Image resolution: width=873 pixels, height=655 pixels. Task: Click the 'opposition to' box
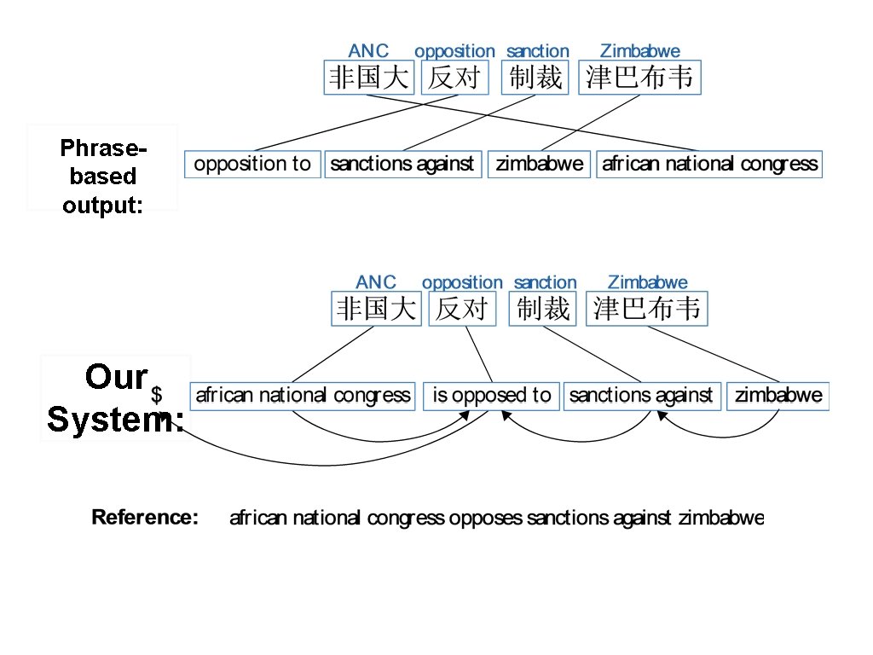tap(252, 164)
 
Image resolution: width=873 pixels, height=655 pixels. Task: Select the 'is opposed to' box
tap(491, 396)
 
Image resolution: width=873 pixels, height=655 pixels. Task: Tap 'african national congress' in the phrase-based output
tap(709, 164)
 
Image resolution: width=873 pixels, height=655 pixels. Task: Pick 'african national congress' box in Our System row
tap(303, 396)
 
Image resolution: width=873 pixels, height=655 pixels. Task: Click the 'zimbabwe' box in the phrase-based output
tap(540, 164)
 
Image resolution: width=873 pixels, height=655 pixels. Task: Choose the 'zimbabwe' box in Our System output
tap(778, 396)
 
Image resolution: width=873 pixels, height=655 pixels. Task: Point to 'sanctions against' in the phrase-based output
tap(402, 164)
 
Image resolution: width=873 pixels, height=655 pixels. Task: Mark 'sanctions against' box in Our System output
tap(640, 396)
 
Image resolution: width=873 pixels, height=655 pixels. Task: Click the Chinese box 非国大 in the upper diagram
tap(368, 78)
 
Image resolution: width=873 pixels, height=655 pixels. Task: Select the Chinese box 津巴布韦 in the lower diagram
tap(647, 308)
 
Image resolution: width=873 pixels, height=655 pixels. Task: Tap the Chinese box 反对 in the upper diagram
tap(454, 78)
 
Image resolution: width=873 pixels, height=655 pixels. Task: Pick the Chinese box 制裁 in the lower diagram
tap(544, 308)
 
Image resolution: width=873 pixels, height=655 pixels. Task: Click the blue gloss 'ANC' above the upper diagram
tap(368, 51)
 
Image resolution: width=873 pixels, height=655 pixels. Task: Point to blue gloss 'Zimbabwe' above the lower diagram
tap(647, 282)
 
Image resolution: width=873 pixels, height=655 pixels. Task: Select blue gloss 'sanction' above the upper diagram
tap(537, 51)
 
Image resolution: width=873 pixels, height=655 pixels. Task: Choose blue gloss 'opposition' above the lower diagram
tap(462, 282)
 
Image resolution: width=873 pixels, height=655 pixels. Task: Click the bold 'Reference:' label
tap(145, 518)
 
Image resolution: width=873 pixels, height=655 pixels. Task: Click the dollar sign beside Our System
tap(157, 395)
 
